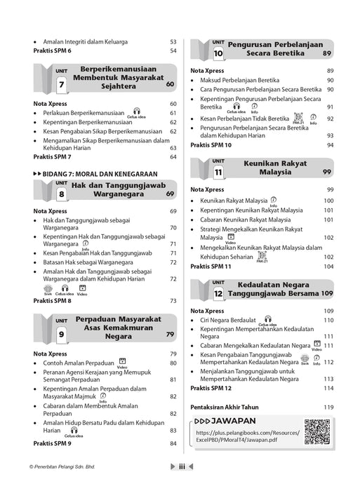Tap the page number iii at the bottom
coord(181,485)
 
